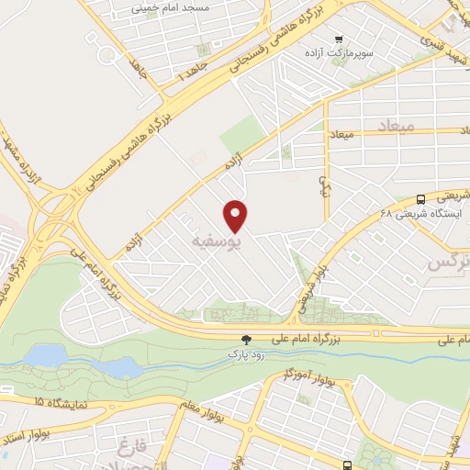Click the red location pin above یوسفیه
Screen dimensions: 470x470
[x=237, y=215]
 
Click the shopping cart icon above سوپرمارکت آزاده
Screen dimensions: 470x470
[x=340, y=39]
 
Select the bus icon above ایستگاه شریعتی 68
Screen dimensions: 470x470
[x=420, y=198]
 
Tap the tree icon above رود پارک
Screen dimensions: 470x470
[x=245, y=340]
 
